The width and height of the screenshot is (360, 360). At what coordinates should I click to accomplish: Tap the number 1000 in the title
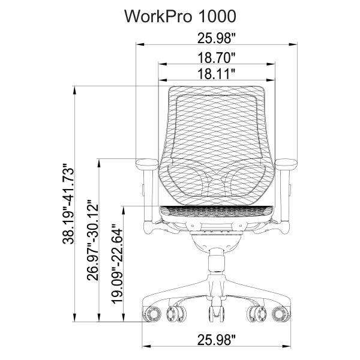tap(220, 15)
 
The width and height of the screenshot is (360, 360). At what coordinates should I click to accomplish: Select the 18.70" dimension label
tap(216, 58)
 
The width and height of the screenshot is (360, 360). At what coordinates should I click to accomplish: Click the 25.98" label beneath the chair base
tap(216, 340)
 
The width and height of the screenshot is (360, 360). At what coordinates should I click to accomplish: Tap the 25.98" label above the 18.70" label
tap(216, 38)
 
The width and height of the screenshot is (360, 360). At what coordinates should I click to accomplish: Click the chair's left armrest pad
tap(146, 163)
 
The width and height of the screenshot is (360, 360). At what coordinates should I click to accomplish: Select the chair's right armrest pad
tap(287, 163)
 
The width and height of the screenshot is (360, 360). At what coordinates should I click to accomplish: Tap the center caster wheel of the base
tap(216, 314)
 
